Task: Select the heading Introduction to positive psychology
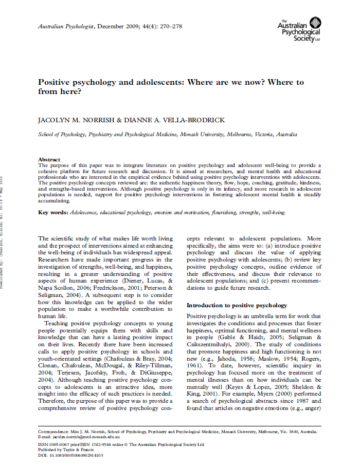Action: (x=237, y=305)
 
